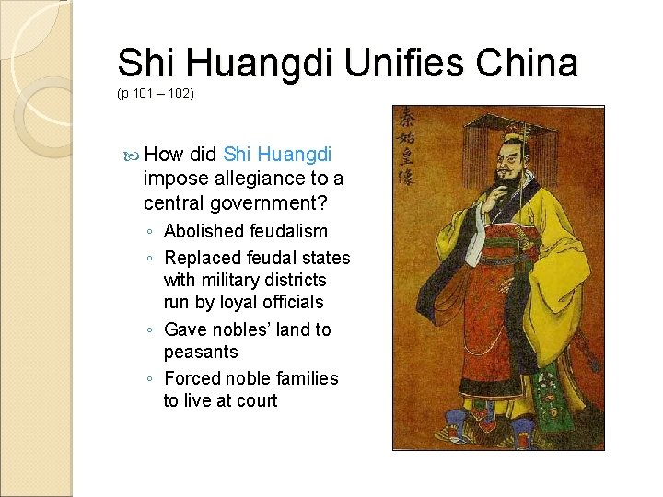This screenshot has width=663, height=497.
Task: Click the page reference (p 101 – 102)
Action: [x=156, y=94]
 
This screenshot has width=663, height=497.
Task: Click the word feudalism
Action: [x=288, y=231]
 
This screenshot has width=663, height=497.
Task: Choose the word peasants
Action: [x=201, y=352]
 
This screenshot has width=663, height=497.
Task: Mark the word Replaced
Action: [x=203, y=258]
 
